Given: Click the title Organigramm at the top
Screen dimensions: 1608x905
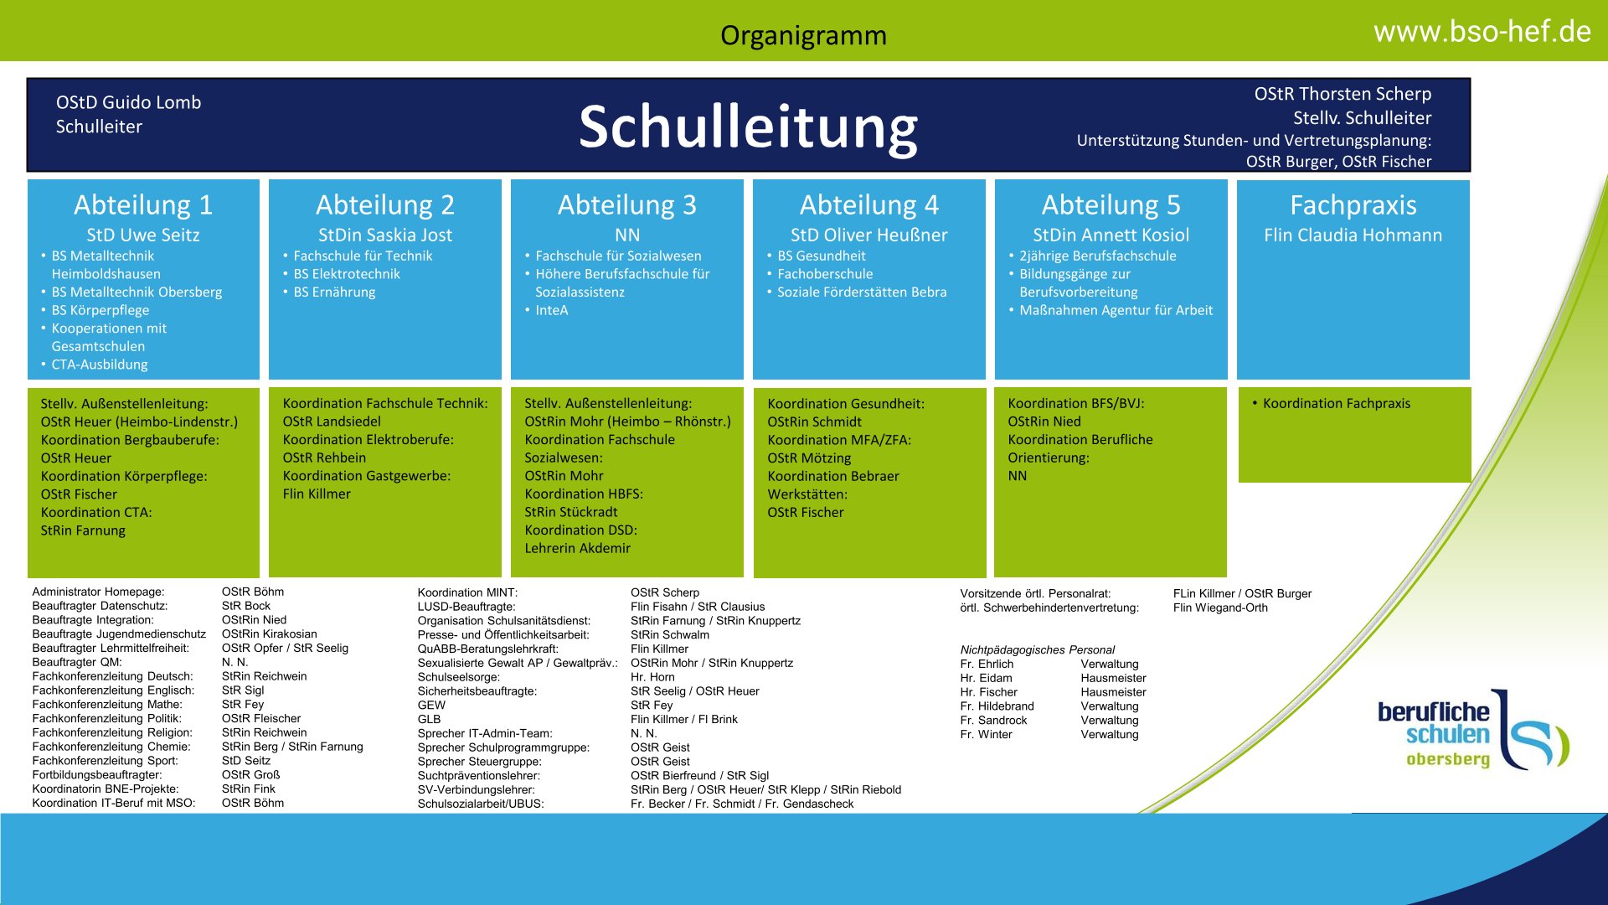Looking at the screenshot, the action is [803, 35].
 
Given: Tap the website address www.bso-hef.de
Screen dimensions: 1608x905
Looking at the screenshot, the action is [1482, 32].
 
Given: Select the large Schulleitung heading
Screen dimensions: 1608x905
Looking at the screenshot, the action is [748, 127].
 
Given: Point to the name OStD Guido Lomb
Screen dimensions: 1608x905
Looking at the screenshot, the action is [129, 102].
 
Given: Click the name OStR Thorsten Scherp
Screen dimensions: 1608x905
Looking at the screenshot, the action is [1343, 94].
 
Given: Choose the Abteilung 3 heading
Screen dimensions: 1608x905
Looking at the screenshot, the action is [626, 204].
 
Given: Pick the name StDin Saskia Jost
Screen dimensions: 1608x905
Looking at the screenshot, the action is [385, 235].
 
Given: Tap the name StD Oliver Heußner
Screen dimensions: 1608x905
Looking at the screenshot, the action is [868, 235].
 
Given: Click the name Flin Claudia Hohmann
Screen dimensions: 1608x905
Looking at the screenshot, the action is [1353, 235].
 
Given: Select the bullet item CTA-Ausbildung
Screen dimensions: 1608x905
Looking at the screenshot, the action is [100, 365].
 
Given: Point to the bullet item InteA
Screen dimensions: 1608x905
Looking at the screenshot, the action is [552, 310].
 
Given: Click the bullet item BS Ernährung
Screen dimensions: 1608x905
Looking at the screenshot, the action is [334, 292].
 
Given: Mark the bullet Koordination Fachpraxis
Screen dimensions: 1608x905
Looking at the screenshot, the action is [1337, 403].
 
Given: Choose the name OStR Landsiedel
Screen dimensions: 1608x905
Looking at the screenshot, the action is [332, 421].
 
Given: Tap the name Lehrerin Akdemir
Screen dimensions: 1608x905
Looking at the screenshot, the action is [578, 548].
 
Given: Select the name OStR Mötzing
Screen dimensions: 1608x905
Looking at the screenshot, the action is [809, 458].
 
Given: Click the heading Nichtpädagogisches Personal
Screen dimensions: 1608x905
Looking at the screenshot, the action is [1038, 650].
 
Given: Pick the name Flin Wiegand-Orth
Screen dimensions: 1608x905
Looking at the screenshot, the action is [1220, 608].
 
